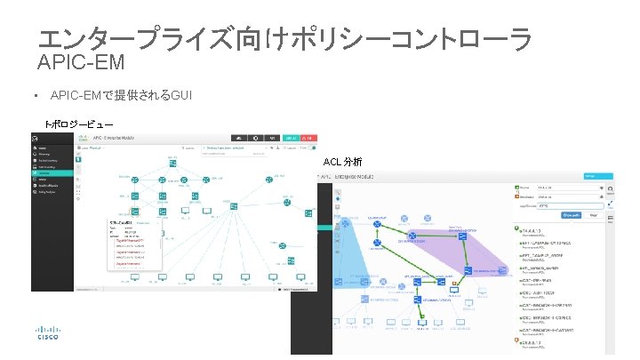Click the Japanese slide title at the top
pyautogui.click(x=285, y=38)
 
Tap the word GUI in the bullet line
pyautogui.click(x=180, y=95)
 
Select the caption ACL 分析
pyautogui.click(x=341, y=162)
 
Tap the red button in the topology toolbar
pyautogui.click(x=308, y=138)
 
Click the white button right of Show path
pyautogui.click(x=592, y=214)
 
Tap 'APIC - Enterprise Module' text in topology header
pyautogui.click(x=133, y=138)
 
